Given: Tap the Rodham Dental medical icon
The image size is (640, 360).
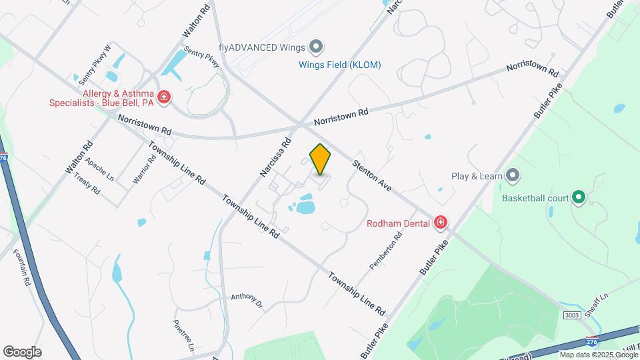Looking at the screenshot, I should pyautogui.click(x=440, y=223).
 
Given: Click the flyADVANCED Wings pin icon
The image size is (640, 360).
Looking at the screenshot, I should pyautogui.click(x=317, y=47).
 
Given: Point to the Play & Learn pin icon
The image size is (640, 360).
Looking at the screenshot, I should pyautogui.click(x=513, y=176).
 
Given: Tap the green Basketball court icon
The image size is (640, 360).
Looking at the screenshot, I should pyautogui.click(x=579, y=197).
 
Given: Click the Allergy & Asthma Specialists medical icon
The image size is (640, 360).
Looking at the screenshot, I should pyautogui.click(x=163, y=97).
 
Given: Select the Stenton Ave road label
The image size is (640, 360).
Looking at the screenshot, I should pyautogui.click(x=372, y=175).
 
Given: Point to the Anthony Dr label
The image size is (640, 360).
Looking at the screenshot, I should pyautogui.click(x=247, y=301).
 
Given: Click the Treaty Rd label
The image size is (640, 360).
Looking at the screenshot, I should pyautogui.click(x=87, y=185).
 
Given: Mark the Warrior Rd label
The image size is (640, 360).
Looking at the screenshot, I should pyautogui.click(x=144, y=169).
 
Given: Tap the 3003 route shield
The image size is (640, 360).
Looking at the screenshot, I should pyautogui.click(x=571, y=315).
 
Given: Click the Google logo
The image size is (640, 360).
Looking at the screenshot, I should pyautogui.click(x=22, y=351).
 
